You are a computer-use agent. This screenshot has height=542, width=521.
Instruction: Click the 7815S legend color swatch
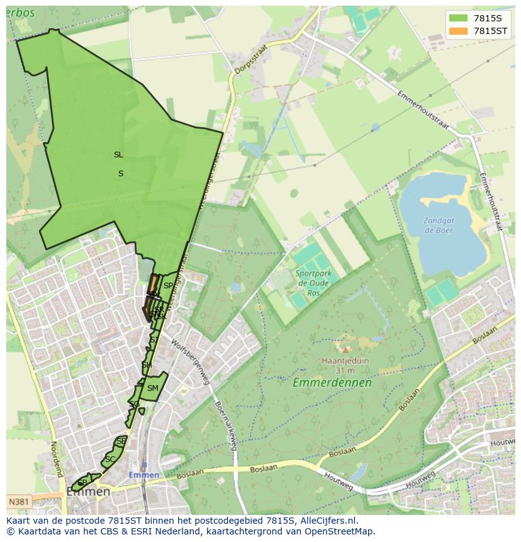tap(458, 18)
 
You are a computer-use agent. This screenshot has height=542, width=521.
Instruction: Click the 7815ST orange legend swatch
tap(458, 30)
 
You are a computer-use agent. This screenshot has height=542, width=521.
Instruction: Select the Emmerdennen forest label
tap(332, 382)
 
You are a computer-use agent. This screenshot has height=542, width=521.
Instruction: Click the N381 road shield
tap(20, 502)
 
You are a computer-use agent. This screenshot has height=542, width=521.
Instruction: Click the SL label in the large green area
tap(118, 154)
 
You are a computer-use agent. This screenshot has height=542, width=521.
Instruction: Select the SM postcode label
tap(152, 388)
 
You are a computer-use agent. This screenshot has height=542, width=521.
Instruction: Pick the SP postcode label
tap(168, 286)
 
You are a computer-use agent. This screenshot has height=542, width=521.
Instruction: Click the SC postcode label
tap(110, 460)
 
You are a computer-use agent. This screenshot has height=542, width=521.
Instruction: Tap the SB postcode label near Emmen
tap(82, 483)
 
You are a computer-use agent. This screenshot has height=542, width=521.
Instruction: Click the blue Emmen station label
tap(144, 475)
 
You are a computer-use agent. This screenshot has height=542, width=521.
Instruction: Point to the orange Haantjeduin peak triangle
tap(345, 350)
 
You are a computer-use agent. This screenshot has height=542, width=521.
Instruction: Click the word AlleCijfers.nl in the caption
tap(328, 521)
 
